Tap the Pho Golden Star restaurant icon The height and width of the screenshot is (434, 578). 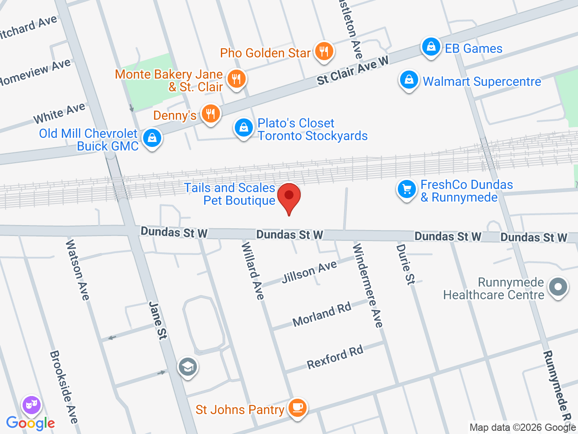click(323, 52)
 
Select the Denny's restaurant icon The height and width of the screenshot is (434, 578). click(210, 114)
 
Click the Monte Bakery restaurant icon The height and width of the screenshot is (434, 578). click(236, 79)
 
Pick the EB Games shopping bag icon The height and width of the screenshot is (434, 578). click(431, 47)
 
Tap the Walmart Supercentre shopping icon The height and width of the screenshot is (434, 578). click(409, 80)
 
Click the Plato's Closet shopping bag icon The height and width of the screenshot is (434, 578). click(244, 128)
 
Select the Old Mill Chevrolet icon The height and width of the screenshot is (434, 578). click(152, 138)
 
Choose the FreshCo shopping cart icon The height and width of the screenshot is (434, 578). click(406, 189)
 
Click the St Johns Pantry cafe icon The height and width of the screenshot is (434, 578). click(297, 408)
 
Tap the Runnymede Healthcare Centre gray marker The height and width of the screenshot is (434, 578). click(558, 288)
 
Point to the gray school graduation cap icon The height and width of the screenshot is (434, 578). click(187, 367)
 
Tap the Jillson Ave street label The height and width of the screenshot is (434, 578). click(309, 272)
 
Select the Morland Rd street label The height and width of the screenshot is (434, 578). click(322, 315)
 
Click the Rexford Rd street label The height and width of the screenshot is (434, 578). click(335, 357)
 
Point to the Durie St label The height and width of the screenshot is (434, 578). click(405, 264)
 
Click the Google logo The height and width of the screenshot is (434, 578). click(30, 423)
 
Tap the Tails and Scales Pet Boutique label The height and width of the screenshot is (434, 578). click(229, 194)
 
